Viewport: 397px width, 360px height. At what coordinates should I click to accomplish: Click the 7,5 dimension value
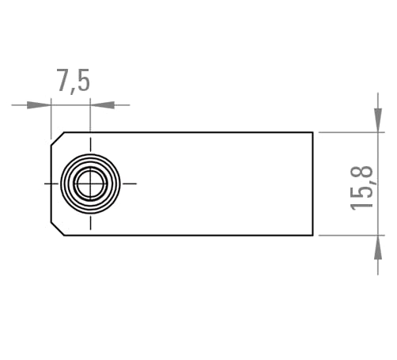coord(74,81)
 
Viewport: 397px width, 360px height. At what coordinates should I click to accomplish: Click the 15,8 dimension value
coord(362,188)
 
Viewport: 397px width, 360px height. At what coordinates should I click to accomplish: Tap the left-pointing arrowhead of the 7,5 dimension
coord(103,105)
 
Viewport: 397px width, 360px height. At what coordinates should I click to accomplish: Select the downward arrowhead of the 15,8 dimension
coord(378,120)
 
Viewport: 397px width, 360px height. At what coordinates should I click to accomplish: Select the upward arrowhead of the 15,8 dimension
coord(378,247)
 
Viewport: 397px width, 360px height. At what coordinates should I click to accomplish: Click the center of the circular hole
coord(90,184)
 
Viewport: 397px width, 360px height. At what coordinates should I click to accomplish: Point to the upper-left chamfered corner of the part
coord(58,138)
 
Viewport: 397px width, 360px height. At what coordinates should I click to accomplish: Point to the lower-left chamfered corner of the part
coord(58,229)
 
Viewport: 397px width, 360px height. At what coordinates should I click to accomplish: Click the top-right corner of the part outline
coord(313,132)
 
